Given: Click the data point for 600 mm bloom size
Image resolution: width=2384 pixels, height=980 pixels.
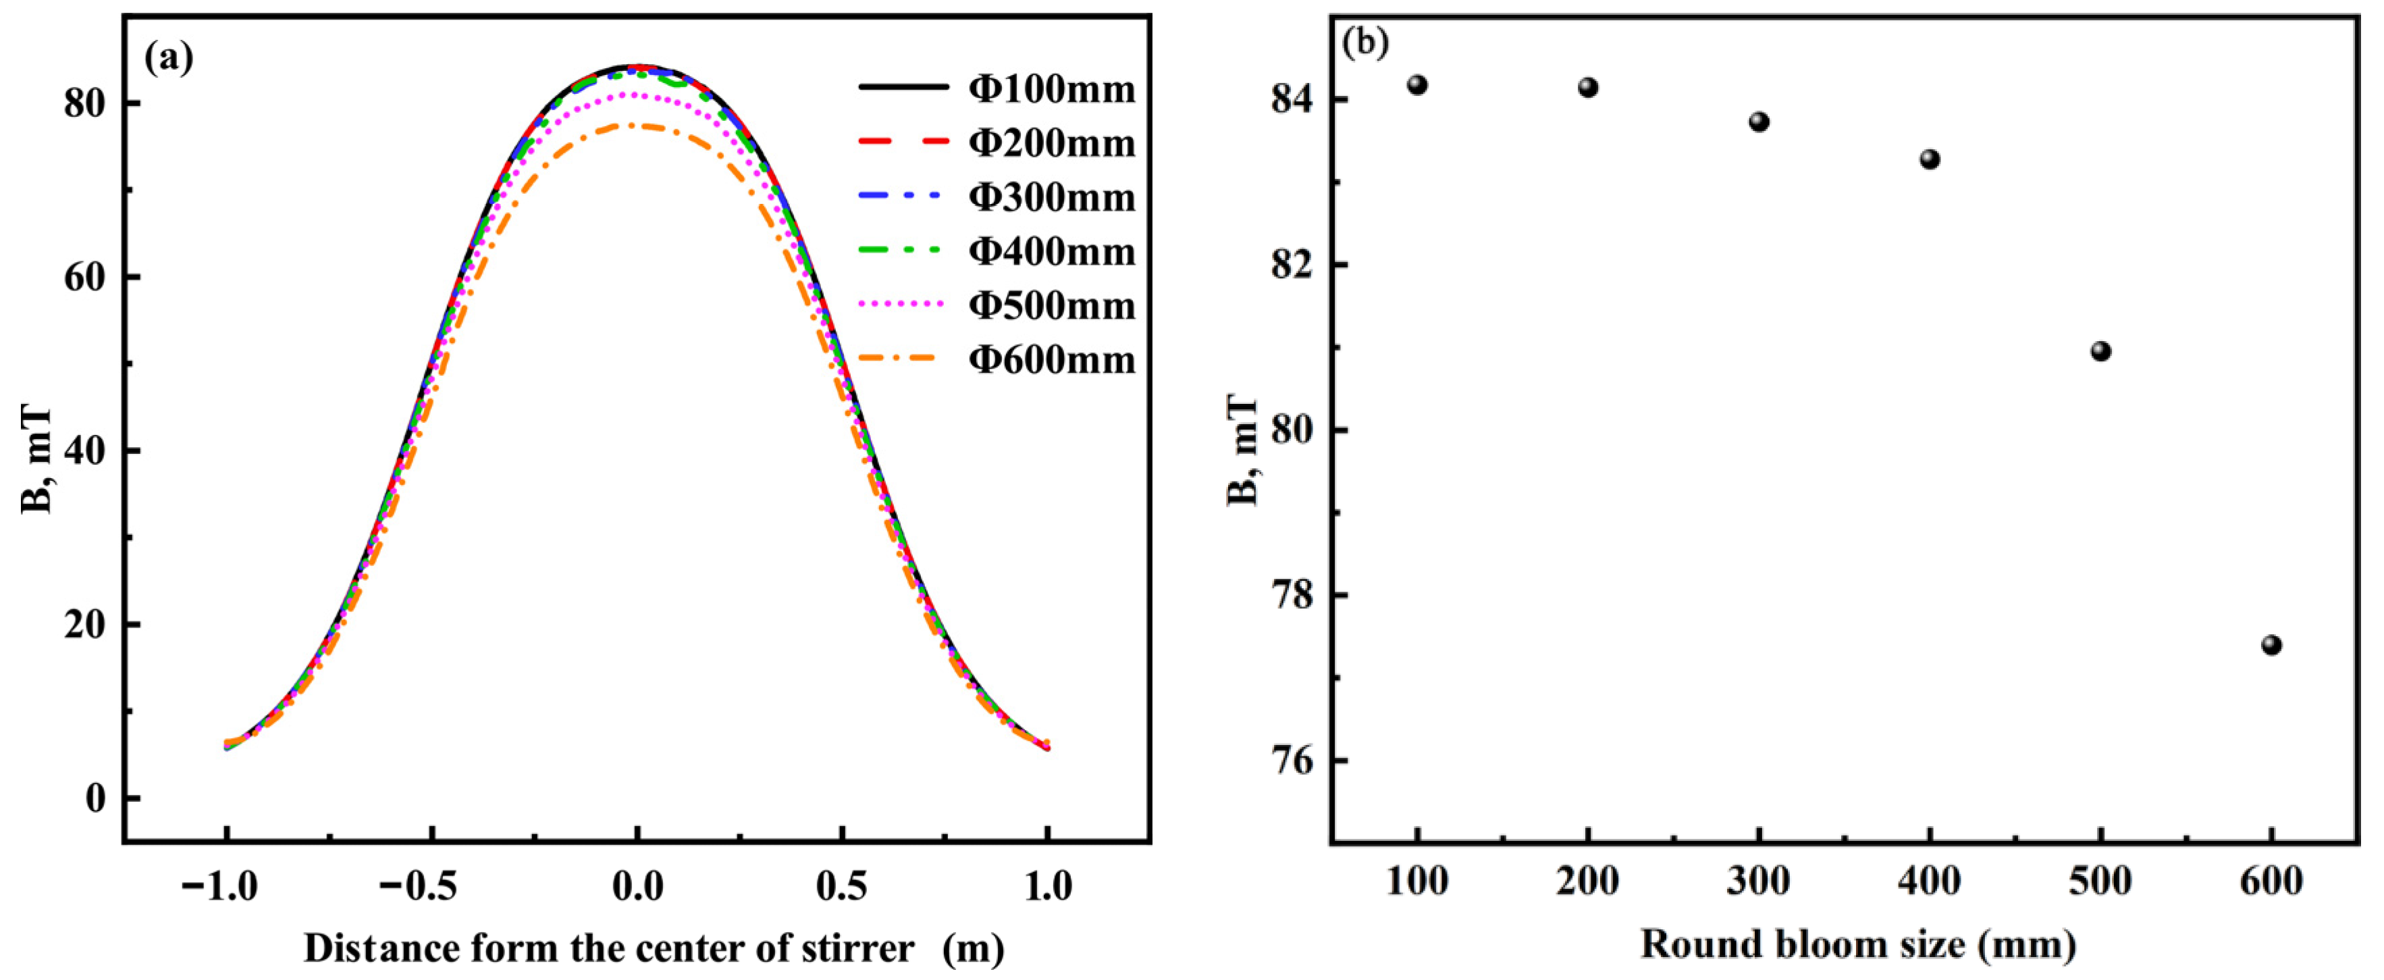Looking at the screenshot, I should pos(2271,645).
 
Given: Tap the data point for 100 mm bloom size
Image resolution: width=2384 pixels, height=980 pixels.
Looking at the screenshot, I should pos(1417,85).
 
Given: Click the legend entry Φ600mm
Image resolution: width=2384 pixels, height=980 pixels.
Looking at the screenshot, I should pos(1051,359).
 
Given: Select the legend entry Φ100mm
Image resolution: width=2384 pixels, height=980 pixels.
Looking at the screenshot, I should pos(1051,89).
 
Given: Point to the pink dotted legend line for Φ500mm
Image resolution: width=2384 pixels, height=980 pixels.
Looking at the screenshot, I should pos(902,305).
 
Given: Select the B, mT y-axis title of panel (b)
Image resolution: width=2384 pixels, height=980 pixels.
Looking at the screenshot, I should pos(1243,450).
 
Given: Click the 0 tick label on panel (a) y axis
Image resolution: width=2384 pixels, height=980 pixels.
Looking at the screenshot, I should pos(95,798).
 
